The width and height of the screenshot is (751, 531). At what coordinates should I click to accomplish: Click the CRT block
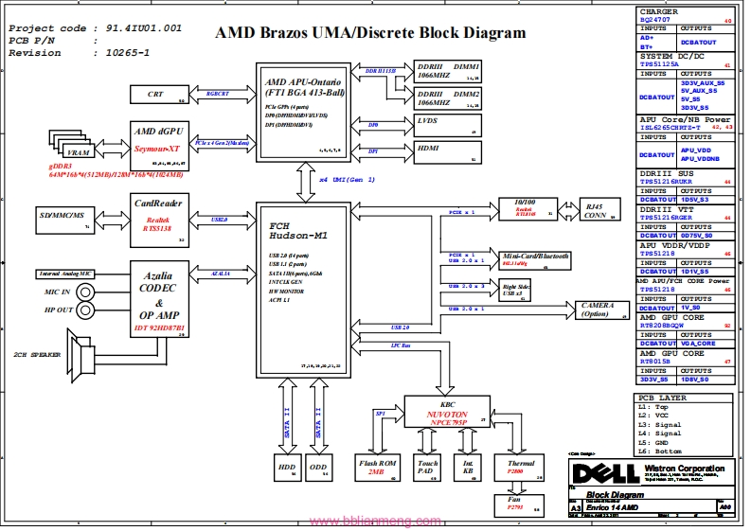156,95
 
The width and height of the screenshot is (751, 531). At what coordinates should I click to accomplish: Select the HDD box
286,468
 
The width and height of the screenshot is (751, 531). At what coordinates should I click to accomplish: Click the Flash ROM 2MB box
376,468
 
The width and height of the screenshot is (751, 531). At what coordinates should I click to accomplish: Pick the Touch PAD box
428,468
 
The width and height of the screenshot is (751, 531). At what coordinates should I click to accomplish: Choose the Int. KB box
469,468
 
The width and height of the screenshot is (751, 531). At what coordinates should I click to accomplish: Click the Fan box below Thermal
516,504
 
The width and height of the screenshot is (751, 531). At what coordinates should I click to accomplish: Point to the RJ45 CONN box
595,210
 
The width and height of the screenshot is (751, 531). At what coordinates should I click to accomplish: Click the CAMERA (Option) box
597,310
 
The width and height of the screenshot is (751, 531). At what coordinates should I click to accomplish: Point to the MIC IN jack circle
82,292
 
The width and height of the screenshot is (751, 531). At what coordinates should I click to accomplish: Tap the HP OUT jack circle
82,310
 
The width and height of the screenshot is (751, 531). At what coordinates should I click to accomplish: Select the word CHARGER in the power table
659,11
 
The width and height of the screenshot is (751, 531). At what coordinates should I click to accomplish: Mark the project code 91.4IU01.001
139,28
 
